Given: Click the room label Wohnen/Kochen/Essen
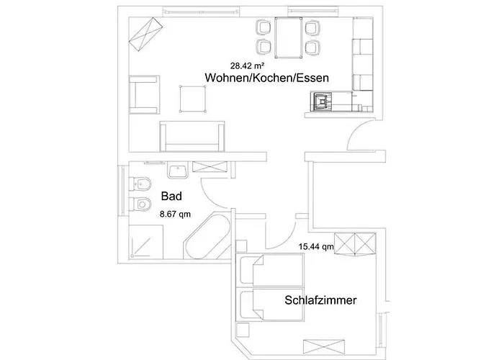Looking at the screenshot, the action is coord(267,78).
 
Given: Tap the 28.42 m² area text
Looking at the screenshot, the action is coord(247,66).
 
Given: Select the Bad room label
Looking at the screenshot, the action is coord(171,196).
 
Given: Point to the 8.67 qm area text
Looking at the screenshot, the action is coord(175,214).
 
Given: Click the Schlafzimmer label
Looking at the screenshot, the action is coord(320,300).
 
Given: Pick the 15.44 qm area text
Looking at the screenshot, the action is coord(316,247).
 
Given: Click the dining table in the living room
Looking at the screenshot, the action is coord(288,38).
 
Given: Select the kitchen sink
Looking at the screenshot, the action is coord(321,102).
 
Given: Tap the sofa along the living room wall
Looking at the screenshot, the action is coord(192,136).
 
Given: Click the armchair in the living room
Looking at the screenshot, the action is coord(144,95).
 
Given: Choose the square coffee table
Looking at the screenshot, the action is coord(192,99).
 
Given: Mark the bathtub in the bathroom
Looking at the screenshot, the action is coord(207,235).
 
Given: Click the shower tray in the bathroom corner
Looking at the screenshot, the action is coord(146,242).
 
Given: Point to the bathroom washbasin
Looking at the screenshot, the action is coord(177,170).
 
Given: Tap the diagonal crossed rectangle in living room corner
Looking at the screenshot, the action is coord(146,34).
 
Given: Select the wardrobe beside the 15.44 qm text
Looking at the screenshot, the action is coord(355,244).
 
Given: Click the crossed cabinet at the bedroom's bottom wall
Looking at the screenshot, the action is coord(324,346).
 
